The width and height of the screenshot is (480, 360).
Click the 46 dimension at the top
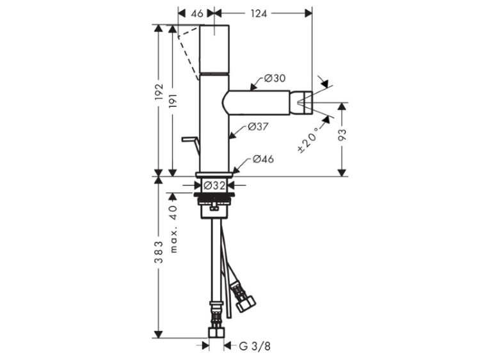tap(198, 13)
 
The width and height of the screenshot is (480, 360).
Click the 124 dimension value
tap(259, 13)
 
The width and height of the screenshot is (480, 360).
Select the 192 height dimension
tap(159, 91)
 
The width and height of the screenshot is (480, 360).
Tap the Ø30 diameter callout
tap(275, 78)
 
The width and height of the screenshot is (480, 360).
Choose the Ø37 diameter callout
tap(258, 127)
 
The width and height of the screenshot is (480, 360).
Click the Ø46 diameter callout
tap(263, 159)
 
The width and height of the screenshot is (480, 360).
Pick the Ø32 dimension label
tap(214, 185)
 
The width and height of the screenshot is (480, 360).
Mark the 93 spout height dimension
tap(342, 134)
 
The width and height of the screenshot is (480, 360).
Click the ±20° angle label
tap(308, 139)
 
